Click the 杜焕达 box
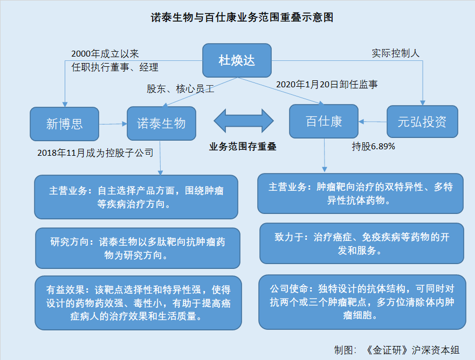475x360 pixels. [x=237, y=60]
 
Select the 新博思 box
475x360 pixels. [x=65, y=124]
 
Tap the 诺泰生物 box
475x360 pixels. [x=161, y=123]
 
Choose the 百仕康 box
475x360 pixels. [x=323, y=121]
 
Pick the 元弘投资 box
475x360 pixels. [x=422, y=121]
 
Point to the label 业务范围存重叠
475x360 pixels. [x=243, y=146]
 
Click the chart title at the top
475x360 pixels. [x=242, y=18]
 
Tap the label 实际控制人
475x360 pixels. [x=395, y=53]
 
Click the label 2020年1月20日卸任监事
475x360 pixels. [x=327, y=85]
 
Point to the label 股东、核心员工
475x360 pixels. [x=180, y=89]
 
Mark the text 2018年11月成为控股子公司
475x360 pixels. [x=95, y=153]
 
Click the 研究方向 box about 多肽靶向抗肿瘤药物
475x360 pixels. [x=137, y=248]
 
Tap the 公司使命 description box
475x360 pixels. [x=361, y=302]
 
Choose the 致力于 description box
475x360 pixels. [x=361, y=244]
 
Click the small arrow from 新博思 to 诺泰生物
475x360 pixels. [x=113, y=124]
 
